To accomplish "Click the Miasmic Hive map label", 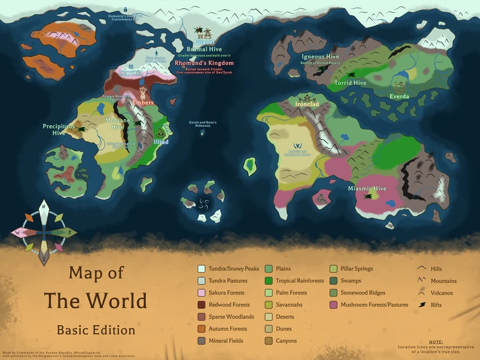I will [367, 189].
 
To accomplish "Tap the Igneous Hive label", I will [320, 57].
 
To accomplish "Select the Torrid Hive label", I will [350, 83].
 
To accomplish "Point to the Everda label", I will [399, 96].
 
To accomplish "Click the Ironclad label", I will [307, 104].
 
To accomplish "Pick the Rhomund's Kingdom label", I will [204, 63].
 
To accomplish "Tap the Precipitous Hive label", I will [58, 130].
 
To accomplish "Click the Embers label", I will [143, 102].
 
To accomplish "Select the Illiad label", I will [161, 142].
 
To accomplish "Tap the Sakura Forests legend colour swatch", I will [202, 293].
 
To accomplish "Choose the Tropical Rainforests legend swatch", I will [270, 281].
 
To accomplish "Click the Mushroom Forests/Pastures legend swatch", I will [333, 305].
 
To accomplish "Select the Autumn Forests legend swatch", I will [202, 329].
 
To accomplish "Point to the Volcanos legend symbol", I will [421, 293].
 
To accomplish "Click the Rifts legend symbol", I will [421, 305].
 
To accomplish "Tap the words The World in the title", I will [95, 300].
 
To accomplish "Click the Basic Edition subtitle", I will [95, 330].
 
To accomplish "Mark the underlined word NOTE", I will [435, 342].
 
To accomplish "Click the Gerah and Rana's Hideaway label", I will [203, 124].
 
